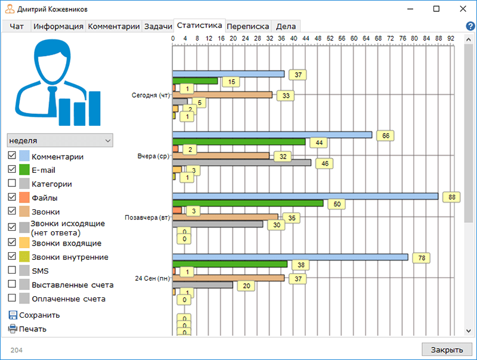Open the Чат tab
tap(17, 26)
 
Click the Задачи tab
tap(158, 26)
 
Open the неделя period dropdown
tap(60, 140)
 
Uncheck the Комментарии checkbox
tap(12, 156)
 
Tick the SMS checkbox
tap(12, 270)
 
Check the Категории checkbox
tap(12, 184)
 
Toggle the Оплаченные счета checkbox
tap(12, 298)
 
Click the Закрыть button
tap(447, 349)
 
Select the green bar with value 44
tap(238, 142)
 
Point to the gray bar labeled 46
tap(241, 162)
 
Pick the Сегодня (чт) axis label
tap(150, 95)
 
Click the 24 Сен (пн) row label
tap(151, 278)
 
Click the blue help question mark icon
tap(470, 26)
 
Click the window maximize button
tap(436, 9)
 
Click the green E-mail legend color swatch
tap(24, 170)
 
